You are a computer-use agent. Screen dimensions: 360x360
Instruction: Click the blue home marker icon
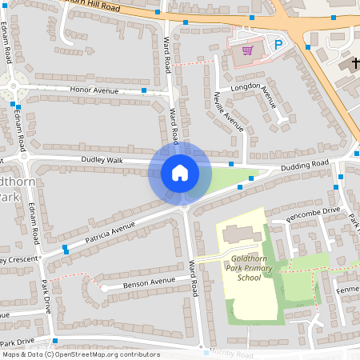point(180,173)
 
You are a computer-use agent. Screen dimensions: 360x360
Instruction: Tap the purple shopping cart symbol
point(247,50)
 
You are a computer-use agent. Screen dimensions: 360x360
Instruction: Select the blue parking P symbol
point(278,46)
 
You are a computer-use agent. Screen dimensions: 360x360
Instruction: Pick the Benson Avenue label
point(149,282)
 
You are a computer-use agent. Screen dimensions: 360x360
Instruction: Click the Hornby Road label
point(232,354)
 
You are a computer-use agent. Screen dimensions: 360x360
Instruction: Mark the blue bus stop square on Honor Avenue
point(144,90)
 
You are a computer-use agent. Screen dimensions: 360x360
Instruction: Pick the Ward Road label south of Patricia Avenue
point(194,277)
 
